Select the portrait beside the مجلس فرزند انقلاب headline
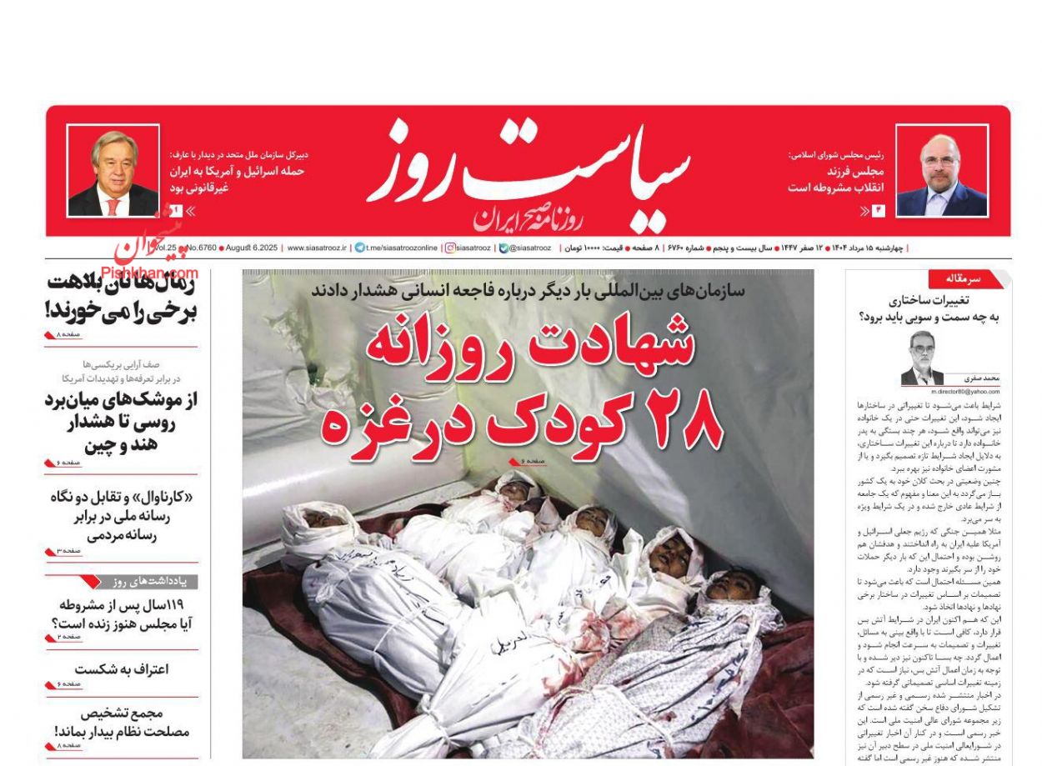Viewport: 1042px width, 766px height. point(941,172)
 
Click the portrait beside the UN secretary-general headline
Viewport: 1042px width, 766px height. point(113,171)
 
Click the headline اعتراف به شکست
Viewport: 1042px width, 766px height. point(121,669)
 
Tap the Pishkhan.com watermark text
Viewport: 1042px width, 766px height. point(150,273)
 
